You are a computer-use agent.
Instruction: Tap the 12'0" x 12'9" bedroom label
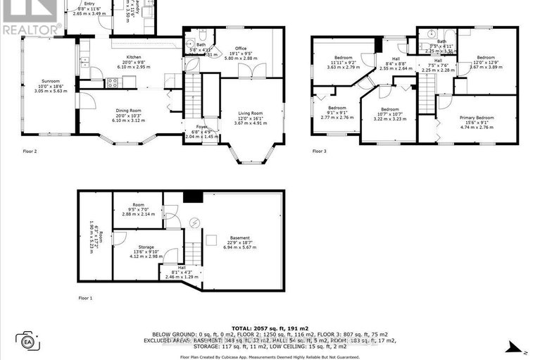pos(487,58)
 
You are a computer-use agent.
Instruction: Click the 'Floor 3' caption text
pos(320,151)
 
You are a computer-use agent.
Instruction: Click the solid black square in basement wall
pos(188,198)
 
